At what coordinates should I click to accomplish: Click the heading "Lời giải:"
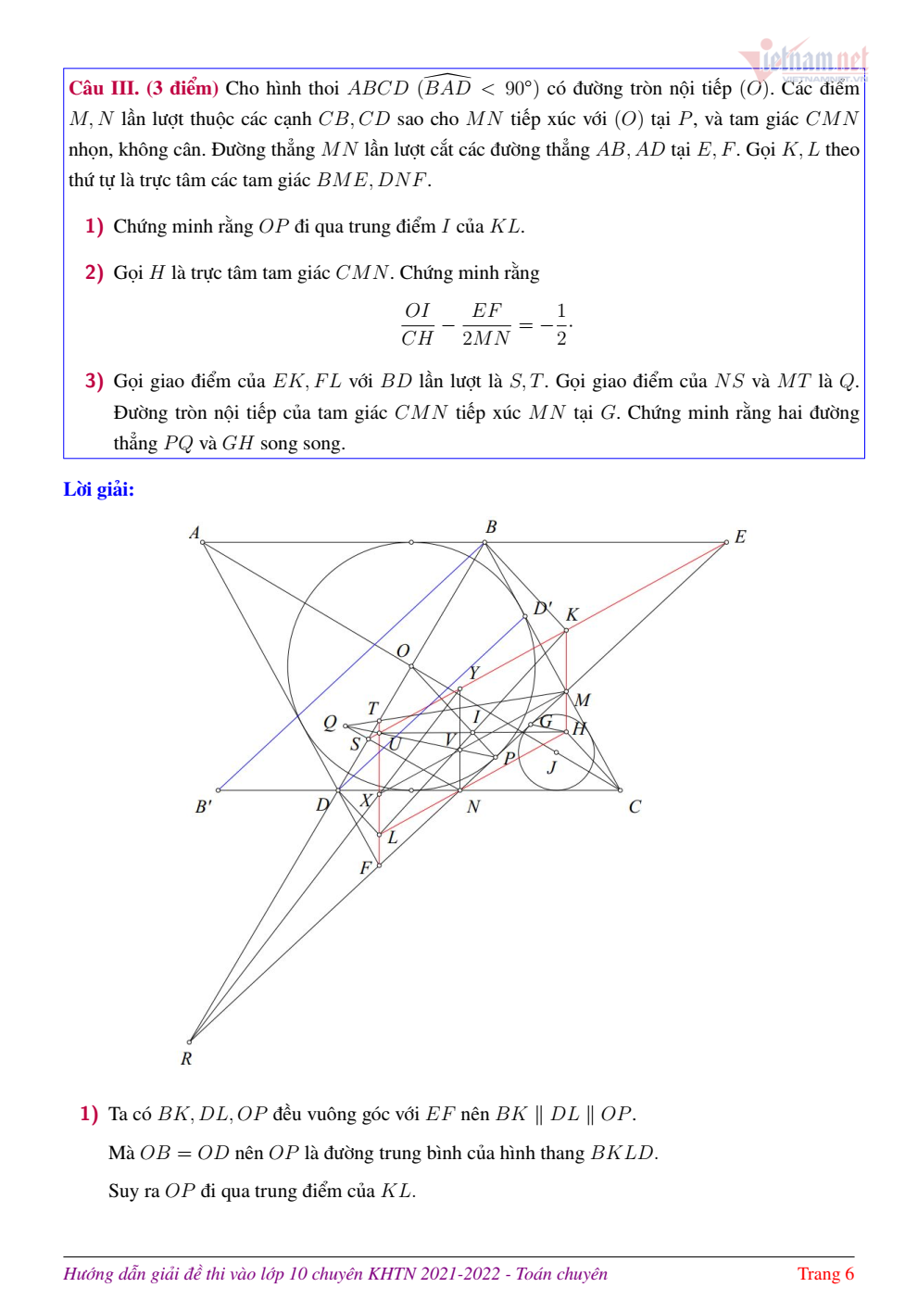coord(98,489)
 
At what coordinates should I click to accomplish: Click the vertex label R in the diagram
coord(186,1058)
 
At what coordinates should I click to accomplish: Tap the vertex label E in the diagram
coord(740,536)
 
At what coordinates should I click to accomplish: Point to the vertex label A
coord(195,533)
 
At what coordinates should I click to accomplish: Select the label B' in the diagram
coord(204,806)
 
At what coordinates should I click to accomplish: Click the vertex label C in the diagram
coord(635,807)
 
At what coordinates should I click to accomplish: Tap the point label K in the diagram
coord(572,614)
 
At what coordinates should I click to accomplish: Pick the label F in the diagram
coord(365,867)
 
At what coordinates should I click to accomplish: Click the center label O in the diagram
coord(403,650)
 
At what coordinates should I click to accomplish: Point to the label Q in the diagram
coord(330,723)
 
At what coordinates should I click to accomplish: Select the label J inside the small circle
coord(552,767)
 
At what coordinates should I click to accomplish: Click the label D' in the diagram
coord(543,608)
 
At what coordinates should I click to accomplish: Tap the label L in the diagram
coord(393,837)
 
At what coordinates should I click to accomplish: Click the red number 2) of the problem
coord(94,272)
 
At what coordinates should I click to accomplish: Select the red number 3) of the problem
coord(94,381)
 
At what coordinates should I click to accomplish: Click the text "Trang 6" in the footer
coord(825,1273)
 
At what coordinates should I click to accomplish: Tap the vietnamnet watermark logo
coord(804,61)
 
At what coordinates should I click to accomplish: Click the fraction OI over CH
coord(418,324)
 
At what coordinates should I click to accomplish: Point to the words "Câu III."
coord(104,88)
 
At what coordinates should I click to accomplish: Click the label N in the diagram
coord(473,807)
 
